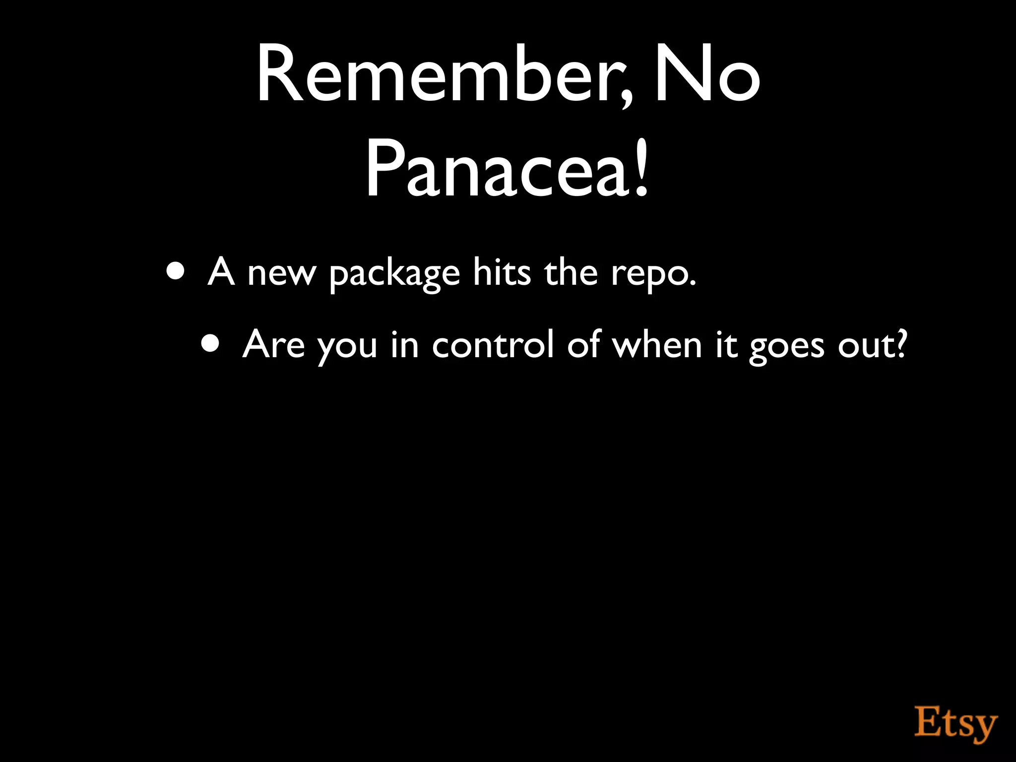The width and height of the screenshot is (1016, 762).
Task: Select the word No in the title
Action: (x=707, y=74)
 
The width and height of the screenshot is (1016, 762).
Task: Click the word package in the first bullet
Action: (x=394, y=274)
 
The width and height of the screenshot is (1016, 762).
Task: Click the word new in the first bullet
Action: (x=281, y=274)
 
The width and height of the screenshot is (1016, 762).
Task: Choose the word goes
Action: (x=786, y=346)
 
